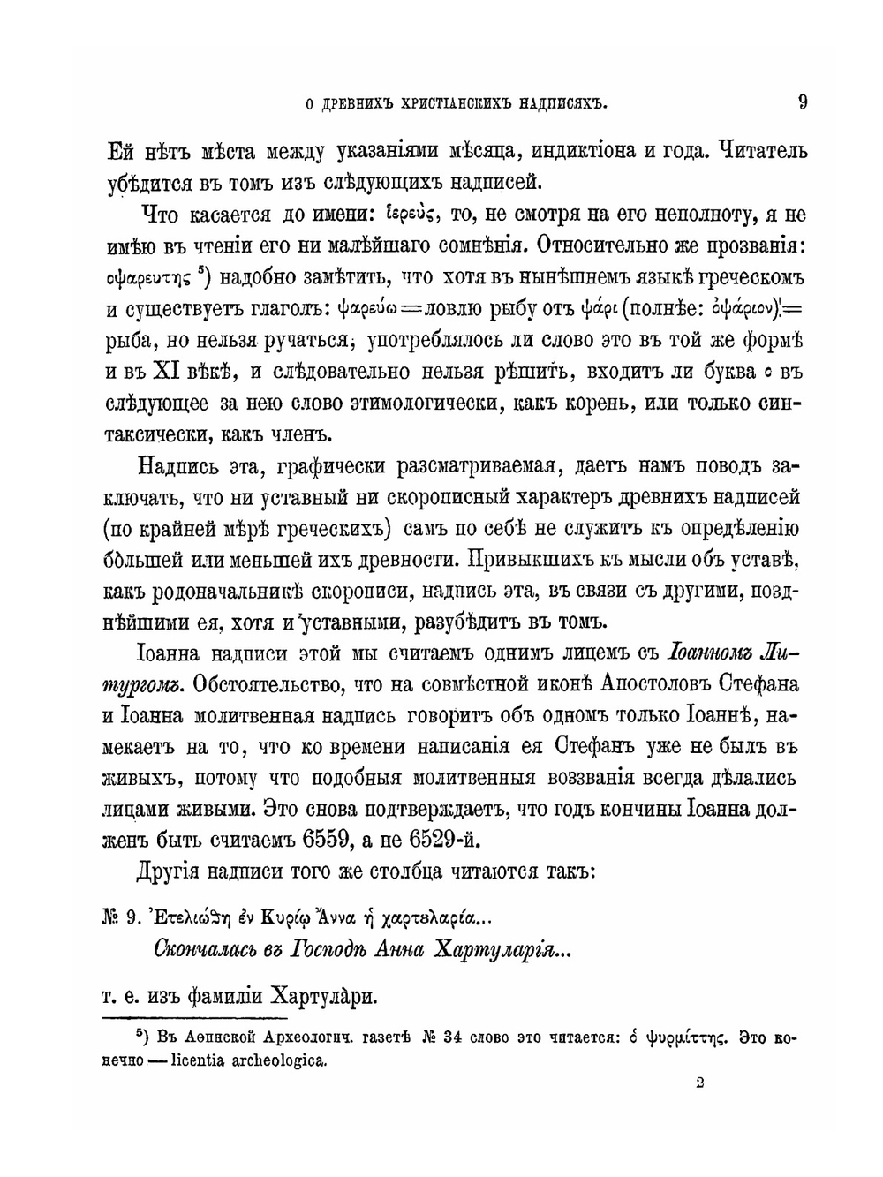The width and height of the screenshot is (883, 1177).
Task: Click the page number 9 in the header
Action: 802,102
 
